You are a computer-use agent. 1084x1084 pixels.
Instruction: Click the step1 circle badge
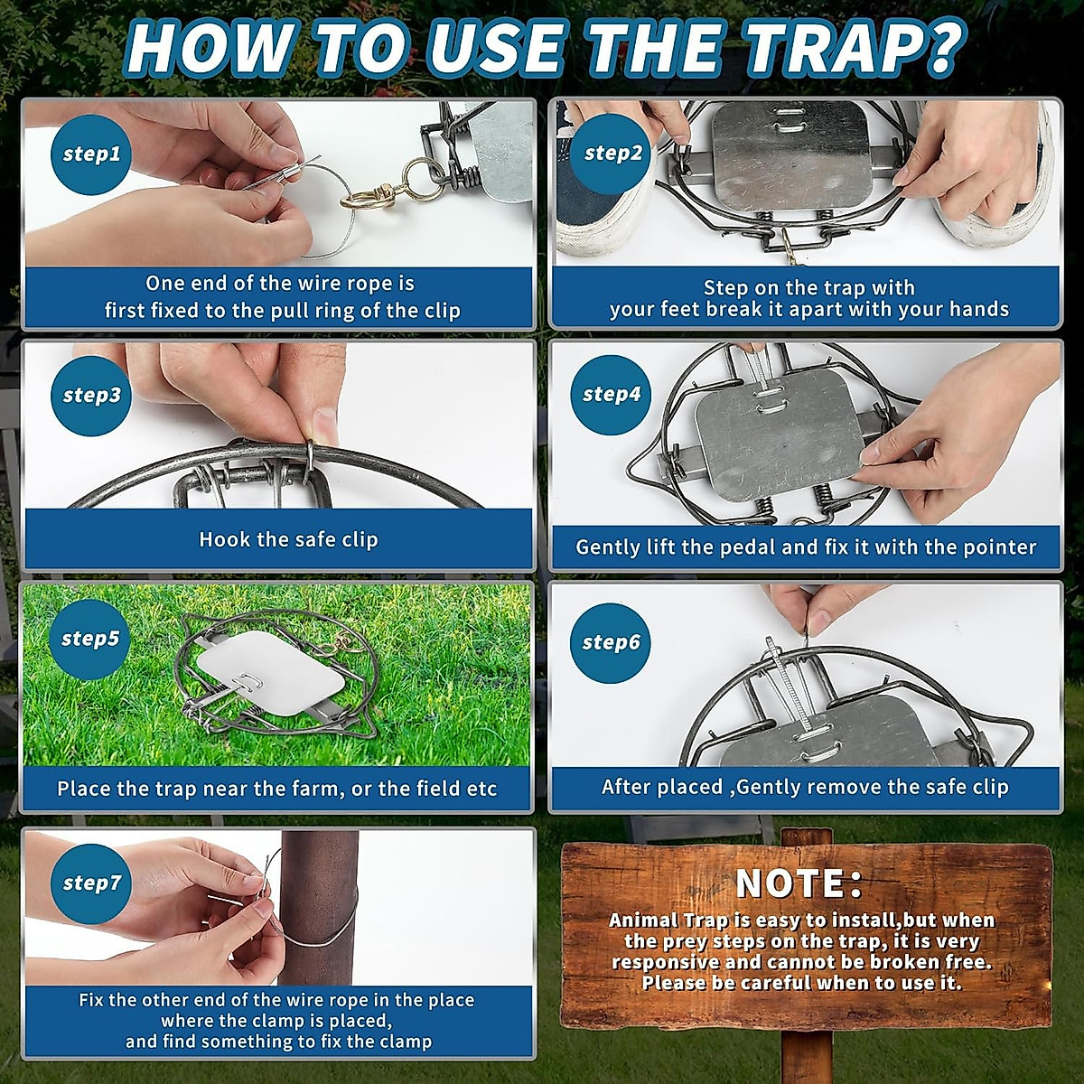coord(91,154)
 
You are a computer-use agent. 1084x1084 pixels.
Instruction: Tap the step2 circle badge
coord(612,153)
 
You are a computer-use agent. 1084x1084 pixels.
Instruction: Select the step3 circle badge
coord(91,396)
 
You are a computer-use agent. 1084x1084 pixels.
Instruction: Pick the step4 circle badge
coord(612,395)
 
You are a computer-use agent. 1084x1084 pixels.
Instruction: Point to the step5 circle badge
coord(90,639)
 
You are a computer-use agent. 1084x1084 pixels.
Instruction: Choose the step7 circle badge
coord(91,883)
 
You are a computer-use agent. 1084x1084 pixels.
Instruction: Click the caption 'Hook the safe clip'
coord(288,539)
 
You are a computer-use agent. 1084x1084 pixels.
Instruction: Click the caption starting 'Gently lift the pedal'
coord(806,547)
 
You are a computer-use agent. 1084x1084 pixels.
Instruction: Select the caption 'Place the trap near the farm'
coord(276,788)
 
